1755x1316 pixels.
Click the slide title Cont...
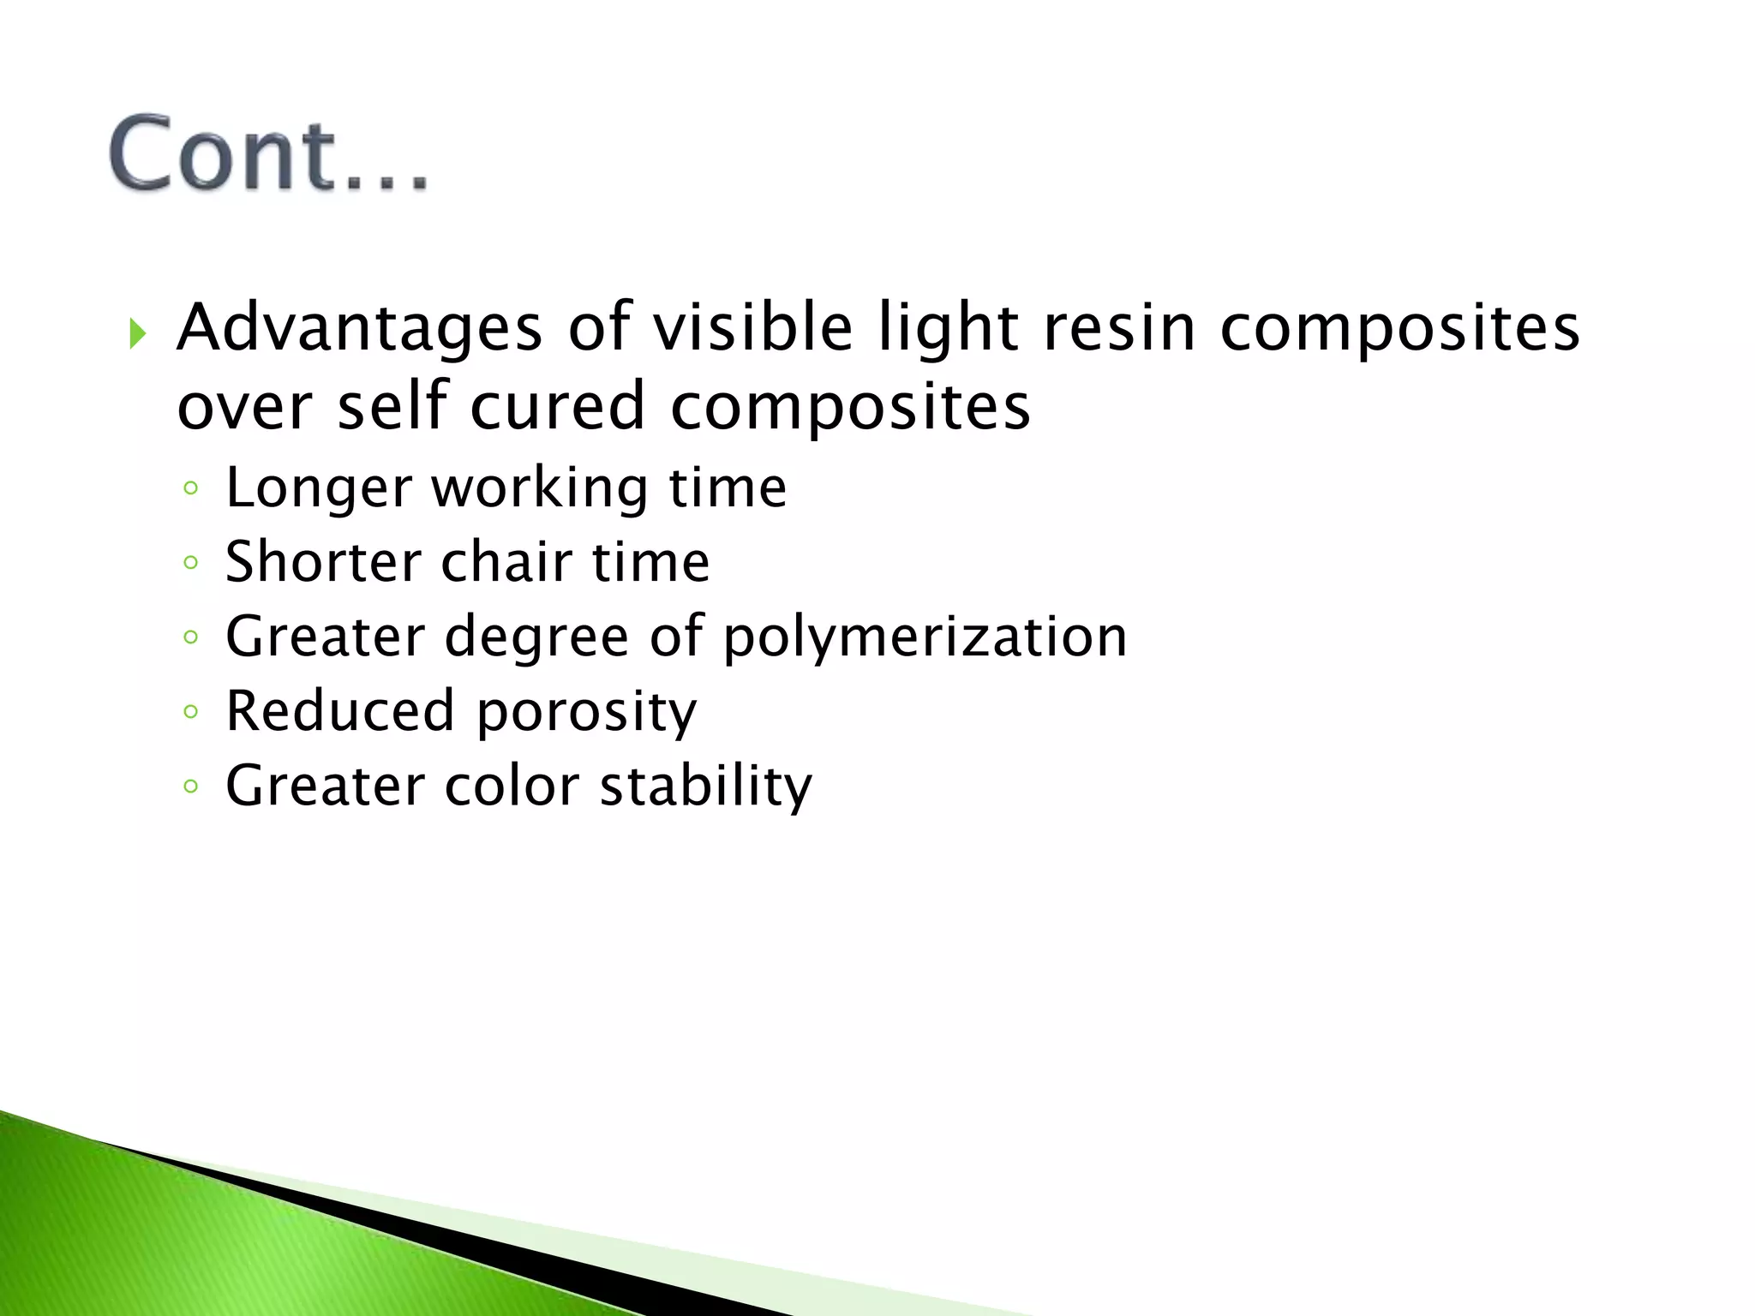click(267, 154)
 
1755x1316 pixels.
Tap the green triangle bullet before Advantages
click(137, 332)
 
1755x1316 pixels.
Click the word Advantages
click(359, 329)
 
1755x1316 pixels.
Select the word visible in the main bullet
click(753, 329)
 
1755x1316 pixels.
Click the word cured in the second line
click(557, 407)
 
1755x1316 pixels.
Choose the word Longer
click(319, 489)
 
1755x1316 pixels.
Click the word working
click(539, 489)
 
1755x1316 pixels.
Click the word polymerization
click(925, 638)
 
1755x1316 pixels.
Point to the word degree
click(536, 638)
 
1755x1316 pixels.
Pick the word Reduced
click(339, 711)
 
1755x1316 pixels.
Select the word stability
click(705, 787)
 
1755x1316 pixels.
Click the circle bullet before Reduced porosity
click(191, 711)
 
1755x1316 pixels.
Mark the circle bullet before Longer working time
click(191, 488)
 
